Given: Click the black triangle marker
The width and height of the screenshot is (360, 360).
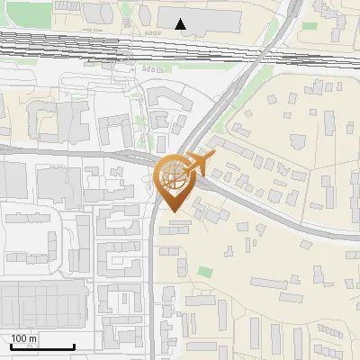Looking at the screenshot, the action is click(181, 24).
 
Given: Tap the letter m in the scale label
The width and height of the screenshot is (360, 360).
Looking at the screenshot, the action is click(33, 338).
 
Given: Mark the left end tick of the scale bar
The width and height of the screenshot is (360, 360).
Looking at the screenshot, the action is click(11, 346).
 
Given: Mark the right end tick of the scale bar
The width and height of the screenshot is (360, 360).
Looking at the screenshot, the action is click(74, 346).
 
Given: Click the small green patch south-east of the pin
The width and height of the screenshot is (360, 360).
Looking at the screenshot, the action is click(205, 272).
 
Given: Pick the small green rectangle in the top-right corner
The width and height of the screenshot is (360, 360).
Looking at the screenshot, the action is click(310, 26).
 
